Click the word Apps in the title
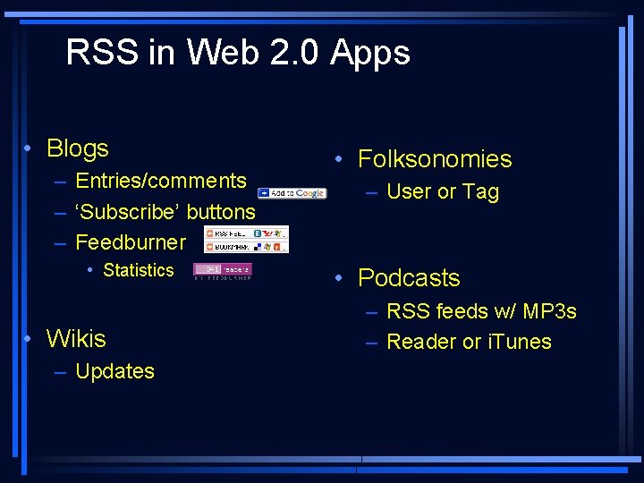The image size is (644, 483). pyautogui.click(x=369, y=54)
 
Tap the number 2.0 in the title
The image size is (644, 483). pyautogui.click(x=291, y=53)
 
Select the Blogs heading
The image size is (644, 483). pyautogui.click(x=77, y=148)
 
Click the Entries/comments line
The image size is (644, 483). pyautogui.click(x=161, y=181)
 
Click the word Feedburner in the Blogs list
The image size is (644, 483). pyautogui.click(x=131, y=242)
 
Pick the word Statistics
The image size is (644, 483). pyautogui.click(x=139, y=270)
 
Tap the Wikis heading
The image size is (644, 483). pyautogui.click(x=76, y=339)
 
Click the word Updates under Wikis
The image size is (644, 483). pyautogui.click(x=114, y=371)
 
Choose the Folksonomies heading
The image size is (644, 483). pyautogui.click(x=435, y=159)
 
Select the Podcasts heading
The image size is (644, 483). pyautogui.click(x=409, y=278)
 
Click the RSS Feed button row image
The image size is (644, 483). pyautogui.click(x=246, y=233)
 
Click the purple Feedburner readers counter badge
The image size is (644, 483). pyautogui.click(x=223, y=269)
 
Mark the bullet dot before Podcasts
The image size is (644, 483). pyautogui.click(x=340, y=278)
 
